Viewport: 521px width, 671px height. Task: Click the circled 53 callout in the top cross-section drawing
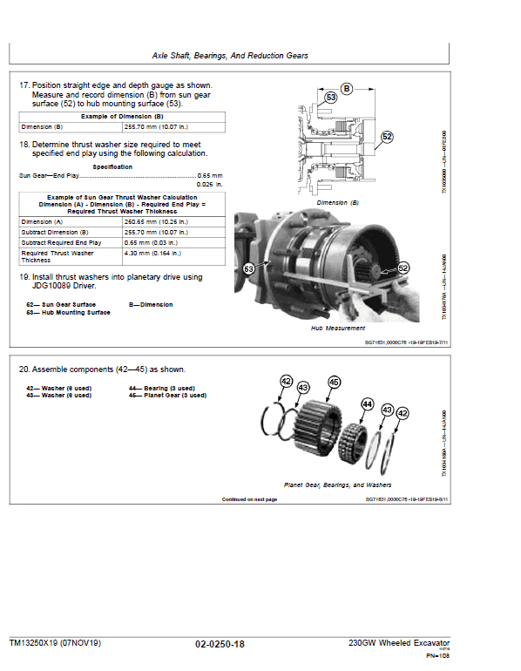click(330, 98)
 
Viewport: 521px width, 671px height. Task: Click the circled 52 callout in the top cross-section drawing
click(387, 137)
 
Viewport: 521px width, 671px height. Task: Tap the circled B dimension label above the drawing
click(347, 88)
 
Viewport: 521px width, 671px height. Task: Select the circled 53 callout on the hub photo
click(251, 269)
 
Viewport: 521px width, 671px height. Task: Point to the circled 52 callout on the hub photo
click(403, 269)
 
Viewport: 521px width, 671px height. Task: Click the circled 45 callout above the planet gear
click(334, 383)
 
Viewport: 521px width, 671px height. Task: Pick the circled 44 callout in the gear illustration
click(366, 404)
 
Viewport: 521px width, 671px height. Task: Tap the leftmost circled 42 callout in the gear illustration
click(286, 381)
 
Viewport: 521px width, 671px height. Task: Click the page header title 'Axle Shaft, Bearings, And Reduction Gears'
click(230, 55)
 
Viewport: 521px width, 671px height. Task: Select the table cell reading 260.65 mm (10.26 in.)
click(152, 222)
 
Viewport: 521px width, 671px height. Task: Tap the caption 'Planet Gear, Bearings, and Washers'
click(337, 485)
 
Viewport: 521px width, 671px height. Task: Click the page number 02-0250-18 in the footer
click(220, 643)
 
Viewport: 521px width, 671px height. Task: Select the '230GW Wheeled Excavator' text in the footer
click(401, 643)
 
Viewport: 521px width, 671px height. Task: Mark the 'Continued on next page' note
click(249, 499)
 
